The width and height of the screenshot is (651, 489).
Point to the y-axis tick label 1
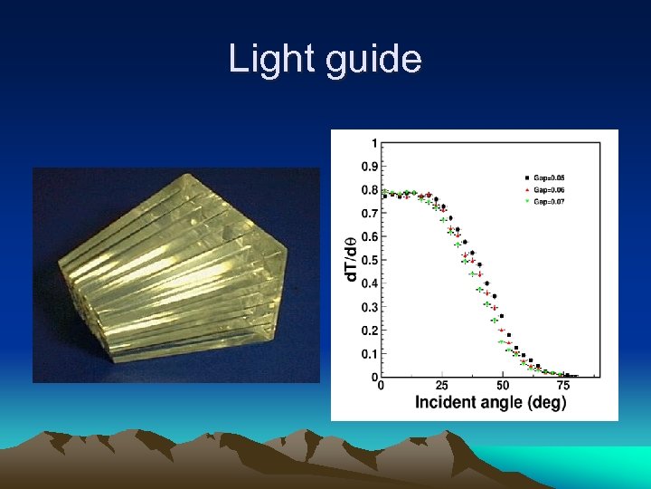pyautogui.click(x=374, y=143)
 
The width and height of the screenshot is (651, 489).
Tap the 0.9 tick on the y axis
pyautogui.click(x=370, y=167)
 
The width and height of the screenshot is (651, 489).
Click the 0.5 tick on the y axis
pyautogui.click(x=370, y=260)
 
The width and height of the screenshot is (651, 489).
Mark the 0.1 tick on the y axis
pyautogui.click(x=370, y=353)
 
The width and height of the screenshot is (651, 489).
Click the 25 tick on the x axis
pyautogui.click(x=441, y=386)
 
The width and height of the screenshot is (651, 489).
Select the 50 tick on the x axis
pyautogui.click(x=503, y=386)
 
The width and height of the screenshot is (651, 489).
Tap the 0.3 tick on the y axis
pyautogui.click(x=370, y=307)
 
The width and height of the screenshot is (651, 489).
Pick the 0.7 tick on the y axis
pyautogui.click(x=370, y=214)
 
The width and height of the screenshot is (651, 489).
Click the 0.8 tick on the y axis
pyautogui.click(x=370, y=190)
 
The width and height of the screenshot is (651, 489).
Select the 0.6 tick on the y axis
pyautogui.click(x=370, y=236)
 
